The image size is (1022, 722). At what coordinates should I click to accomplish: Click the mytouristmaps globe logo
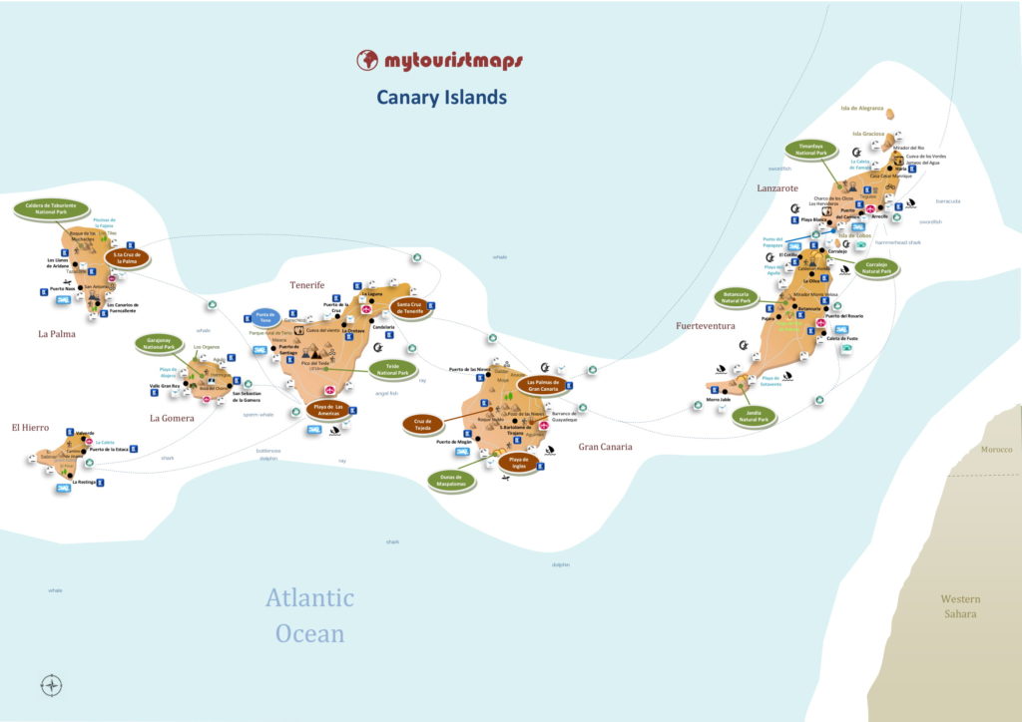click(x=367, y=60)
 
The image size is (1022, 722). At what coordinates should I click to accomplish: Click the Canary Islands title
click(x=441, y=97)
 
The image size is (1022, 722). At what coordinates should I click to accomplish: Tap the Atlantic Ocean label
click(x=309, y=615)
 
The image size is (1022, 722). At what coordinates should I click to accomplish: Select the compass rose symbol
click(x=52, y=685)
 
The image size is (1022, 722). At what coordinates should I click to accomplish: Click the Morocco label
click(x=995, y=449)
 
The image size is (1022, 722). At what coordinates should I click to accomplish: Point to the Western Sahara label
click(x=961, y=606)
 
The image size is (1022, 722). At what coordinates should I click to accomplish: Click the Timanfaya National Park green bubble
click(x=809, y=150)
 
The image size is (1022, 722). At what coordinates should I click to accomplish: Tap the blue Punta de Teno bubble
click(x=264, y=318)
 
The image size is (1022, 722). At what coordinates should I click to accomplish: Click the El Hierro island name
click(x=31, y=427)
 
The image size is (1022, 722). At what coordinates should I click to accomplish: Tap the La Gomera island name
click(x=172, y=418)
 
